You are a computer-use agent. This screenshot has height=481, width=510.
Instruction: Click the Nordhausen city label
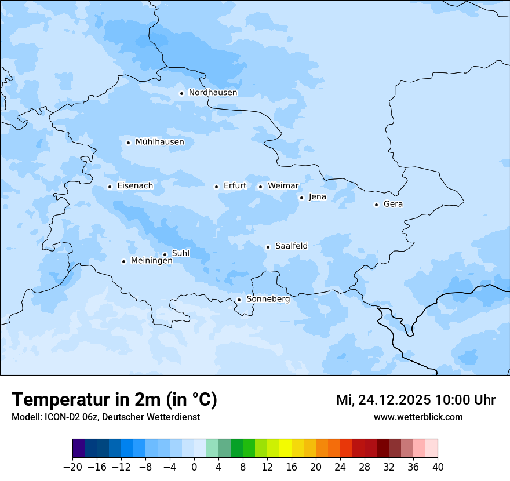click(213, 93)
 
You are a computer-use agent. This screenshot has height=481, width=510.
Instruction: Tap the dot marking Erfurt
click(216, 187)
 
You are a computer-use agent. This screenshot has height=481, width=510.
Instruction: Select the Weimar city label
click(283, 186)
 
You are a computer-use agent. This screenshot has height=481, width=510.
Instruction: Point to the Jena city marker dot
click(301, 198)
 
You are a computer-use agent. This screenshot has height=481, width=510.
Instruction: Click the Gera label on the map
click(393, 204)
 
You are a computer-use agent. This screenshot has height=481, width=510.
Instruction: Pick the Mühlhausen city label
click(159, 142)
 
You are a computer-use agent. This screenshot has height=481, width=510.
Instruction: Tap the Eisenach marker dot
click(110, 187)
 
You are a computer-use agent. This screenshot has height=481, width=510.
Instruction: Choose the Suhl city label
click(181, 253)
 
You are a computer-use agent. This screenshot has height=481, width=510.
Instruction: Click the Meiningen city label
click(152, 261)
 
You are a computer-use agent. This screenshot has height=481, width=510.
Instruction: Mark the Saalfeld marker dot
click(268, 247)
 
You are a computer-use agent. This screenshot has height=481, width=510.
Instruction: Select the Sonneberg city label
click(268, 299)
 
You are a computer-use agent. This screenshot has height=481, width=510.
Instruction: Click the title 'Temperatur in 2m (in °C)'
click(114, 400)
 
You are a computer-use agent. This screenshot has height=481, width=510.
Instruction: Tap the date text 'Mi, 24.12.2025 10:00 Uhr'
click(416, 400)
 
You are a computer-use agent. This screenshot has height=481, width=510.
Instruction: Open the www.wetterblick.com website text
click(418, 417)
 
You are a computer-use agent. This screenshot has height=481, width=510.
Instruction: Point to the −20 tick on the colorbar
click(73, 467)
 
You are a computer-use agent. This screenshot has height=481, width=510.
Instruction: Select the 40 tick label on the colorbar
click(438, 467)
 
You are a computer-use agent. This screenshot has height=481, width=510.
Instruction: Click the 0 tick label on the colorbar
click(194, 467)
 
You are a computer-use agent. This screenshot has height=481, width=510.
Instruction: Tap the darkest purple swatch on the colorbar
click(79, 449)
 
